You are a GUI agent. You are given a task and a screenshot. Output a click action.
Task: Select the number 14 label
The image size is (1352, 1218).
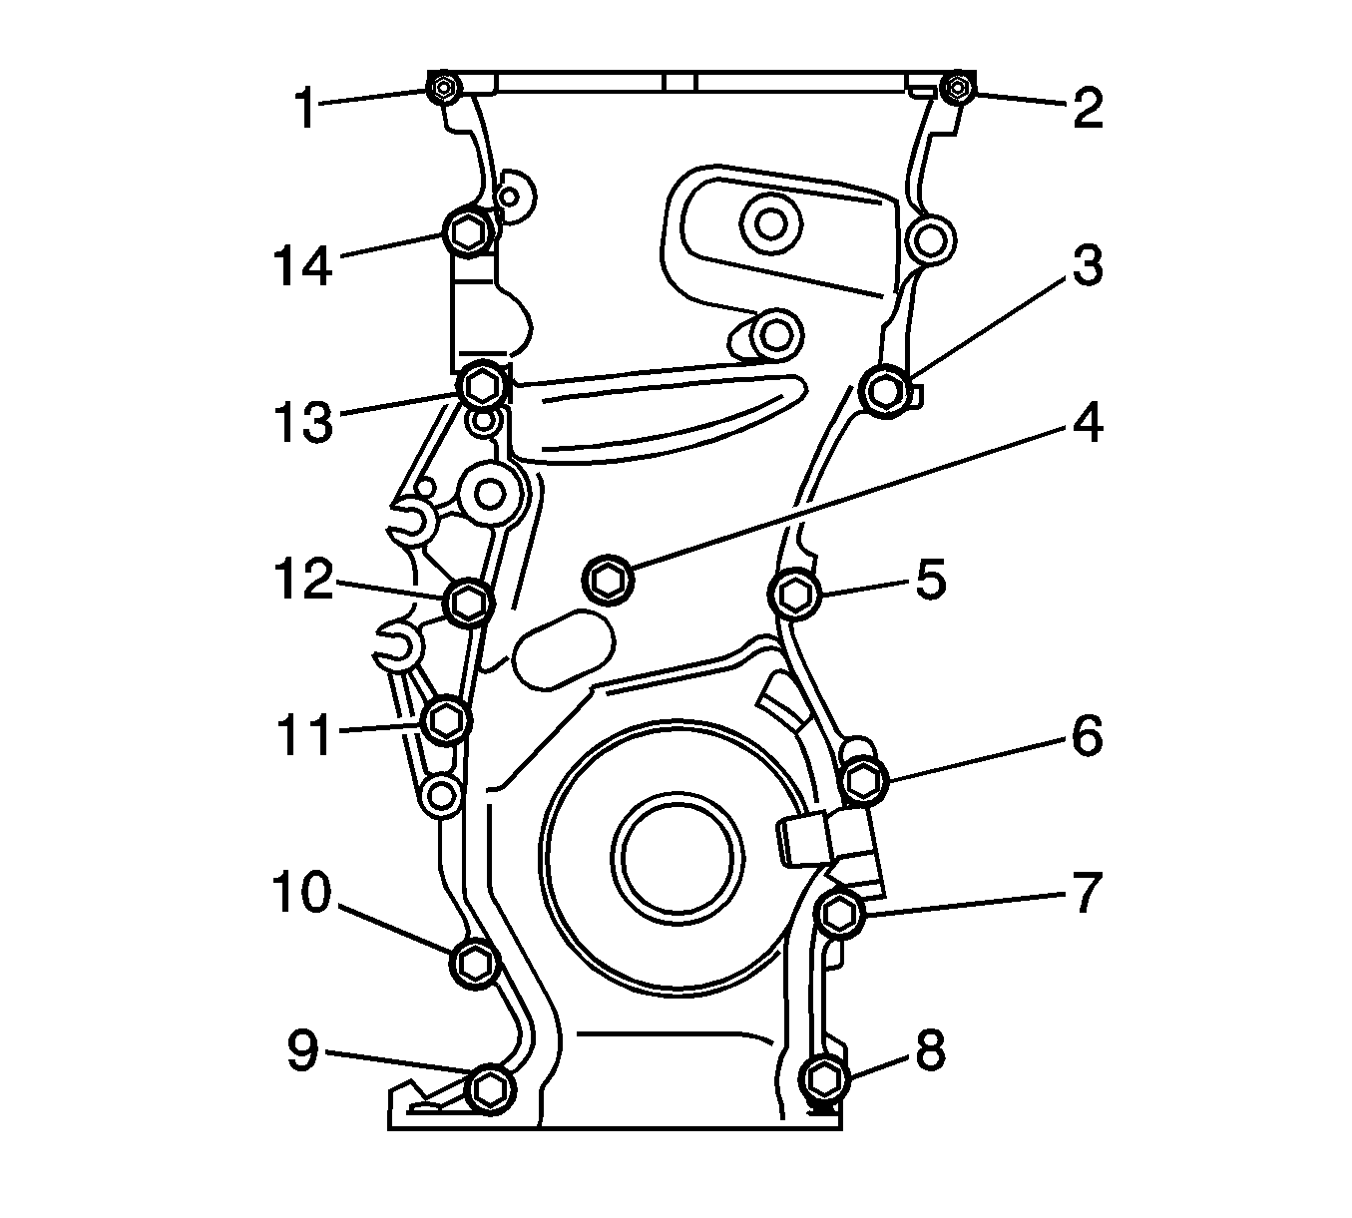[x=302, y=265]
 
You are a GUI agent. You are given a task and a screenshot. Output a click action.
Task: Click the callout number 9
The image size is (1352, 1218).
[x=303, y=1051]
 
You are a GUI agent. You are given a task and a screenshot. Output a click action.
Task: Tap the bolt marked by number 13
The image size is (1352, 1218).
[x=483, y=384]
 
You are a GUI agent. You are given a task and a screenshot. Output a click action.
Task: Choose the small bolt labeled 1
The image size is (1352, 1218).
[x=443, y=89]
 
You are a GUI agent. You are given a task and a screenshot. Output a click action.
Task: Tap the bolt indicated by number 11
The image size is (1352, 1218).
[x=446, y=719]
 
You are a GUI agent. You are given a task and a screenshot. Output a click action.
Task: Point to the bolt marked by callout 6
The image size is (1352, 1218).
[x=864, y=779]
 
